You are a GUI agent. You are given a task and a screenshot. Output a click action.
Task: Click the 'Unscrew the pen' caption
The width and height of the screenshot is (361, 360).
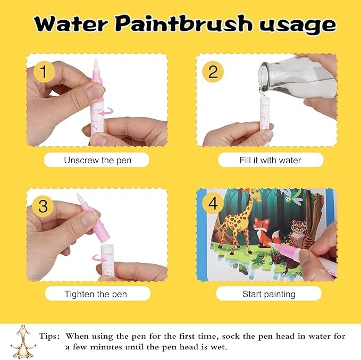click(96, 160)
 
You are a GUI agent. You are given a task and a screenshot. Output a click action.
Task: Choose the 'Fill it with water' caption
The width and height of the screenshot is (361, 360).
click(270, 160)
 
